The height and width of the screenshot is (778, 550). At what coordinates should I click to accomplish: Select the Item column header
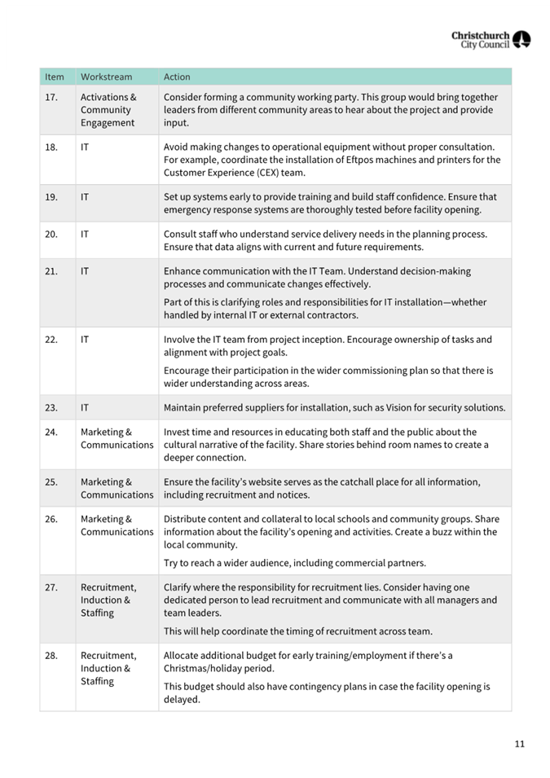coord(55,77)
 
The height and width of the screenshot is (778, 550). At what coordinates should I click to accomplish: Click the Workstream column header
coord(106,77)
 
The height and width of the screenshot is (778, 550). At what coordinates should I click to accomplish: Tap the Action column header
coord(177,77)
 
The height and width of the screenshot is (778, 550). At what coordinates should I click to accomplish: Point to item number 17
coord(51,97)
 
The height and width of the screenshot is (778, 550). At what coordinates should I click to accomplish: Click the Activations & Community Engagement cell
coord(108,110)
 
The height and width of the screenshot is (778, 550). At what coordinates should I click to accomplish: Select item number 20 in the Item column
coord(51,234)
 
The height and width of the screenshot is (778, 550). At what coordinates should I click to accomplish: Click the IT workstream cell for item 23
coord(85,408)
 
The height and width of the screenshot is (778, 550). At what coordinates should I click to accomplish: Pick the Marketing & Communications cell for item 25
coord(117,488)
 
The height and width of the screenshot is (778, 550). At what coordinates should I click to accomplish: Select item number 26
coord(51,519)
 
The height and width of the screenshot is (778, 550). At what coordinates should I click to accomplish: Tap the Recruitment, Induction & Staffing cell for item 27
coord(108,600)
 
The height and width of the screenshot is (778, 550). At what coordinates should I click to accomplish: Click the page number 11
coord(519,744)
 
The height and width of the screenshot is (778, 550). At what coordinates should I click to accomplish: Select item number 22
coord(51,340)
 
